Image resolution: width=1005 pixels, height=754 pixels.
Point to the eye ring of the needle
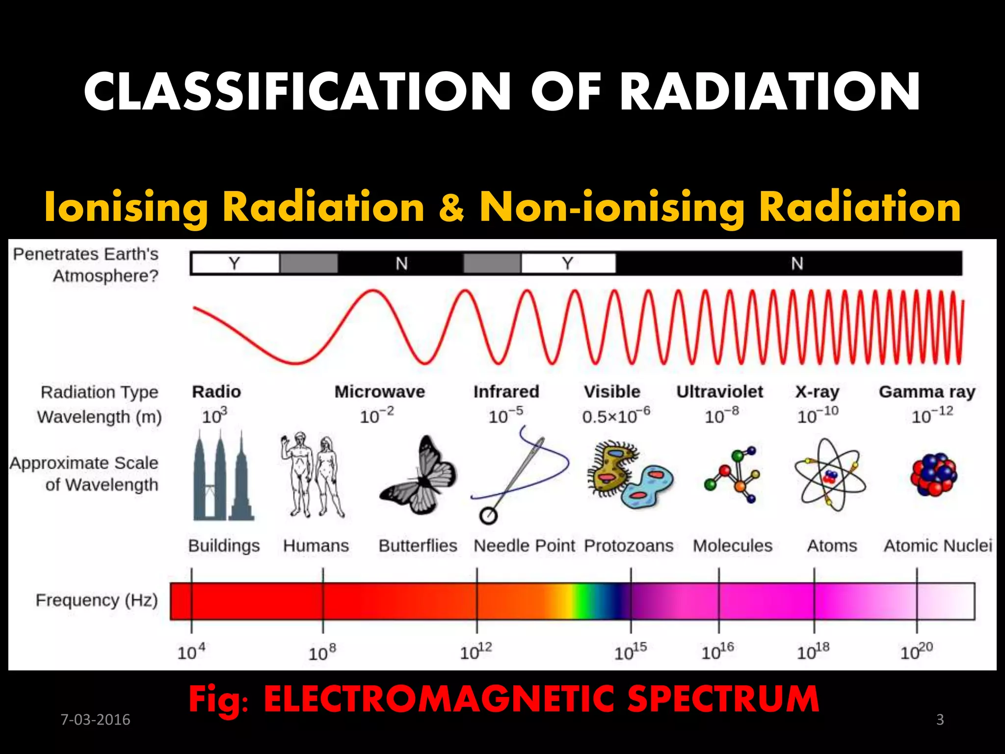tap(488, 516)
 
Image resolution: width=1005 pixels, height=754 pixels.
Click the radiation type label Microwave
tap(379, 392)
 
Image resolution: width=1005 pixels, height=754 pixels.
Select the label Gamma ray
tap(926, 392)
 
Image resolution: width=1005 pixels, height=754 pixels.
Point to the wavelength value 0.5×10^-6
tap(616, 416)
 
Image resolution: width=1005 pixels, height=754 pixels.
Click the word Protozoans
tap(629, 545)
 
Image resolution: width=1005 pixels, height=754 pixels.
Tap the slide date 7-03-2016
tap(95, 720)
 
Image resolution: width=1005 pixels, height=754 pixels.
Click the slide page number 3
tap(940, 720)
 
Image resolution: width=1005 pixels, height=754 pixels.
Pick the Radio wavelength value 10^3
tap(214, 416)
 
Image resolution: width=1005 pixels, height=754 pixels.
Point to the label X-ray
tap(817, 392)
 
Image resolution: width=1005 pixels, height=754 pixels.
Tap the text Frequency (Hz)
tap(97, 600)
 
